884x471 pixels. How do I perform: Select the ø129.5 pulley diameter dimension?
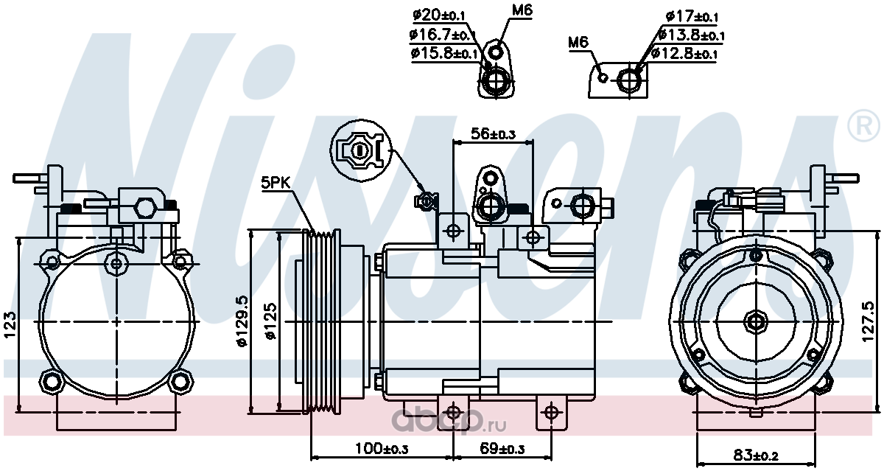coord(242,321)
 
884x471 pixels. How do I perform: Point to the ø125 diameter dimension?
coord(271,321)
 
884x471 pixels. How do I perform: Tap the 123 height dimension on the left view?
coord(10,325)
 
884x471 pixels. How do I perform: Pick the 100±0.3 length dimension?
coord(382,448)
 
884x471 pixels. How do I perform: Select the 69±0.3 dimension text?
coord(502,448)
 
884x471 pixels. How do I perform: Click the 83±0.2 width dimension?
coord(756,456)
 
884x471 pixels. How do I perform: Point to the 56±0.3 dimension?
coord(494,134)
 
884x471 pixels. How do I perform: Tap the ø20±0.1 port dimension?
coord(438,15)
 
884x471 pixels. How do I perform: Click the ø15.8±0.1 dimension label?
coord(444,53)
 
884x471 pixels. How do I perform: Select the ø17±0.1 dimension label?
coord(692,16)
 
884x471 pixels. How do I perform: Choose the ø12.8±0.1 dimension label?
coord(684,53)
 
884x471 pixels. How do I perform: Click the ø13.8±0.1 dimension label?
coord(692,35)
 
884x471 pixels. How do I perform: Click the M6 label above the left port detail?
coord(522,10)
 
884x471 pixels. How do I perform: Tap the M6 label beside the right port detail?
coord(578,42)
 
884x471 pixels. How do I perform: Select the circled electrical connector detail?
coord(360,150)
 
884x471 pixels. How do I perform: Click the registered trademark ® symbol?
coord(863,126)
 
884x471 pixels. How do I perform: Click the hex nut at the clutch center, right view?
coord(755,322)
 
